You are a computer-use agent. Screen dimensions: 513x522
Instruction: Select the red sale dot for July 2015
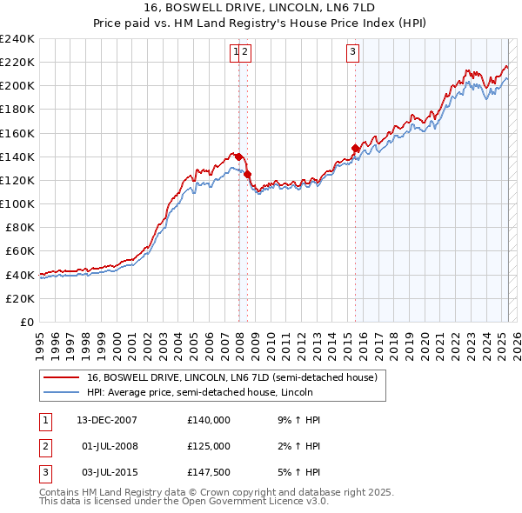pyautogui.click(x=355, y=149)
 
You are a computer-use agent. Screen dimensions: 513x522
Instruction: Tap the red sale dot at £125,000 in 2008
pyautogui.click(x=247, y=175)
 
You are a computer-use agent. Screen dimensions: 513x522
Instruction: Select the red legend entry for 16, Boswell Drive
pyautogui.click(x=231, y=378)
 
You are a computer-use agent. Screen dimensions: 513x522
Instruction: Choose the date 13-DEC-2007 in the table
pyautogui.click(x=107, y=420)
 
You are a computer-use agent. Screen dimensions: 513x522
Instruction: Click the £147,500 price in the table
pyautogui.click(x=209, y=472)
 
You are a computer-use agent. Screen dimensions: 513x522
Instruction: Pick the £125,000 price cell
pyautogui.click(x=209, y=446)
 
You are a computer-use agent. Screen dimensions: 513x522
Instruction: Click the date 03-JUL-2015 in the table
pyautogui.click(x=105, y=472)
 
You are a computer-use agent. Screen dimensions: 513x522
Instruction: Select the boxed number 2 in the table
pyautogui.click(x=45, y=446)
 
